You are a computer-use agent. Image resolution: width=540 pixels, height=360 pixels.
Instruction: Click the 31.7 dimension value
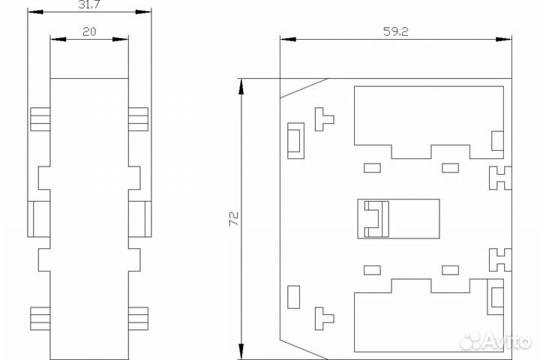88,4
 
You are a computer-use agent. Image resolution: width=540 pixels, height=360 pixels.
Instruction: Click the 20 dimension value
89,32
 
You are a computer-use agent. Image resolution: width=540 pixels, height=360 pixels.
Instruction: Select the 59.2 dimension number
396,31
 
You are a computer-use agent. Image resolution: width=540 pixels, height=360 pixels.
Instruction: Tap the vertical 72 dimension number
234,219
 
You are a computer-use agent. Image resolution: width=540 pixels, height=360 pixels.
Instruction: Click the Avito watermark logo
496,341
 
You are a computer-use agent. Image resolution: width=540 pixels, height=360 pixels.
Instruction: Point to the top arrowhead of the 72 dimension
241,86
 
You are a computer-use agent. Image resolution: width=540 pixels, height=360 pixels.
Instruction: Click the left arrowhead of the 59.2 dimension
288,39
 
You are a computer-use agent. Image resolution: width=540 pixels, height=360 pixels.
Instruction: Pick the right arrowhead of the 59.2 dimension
504,39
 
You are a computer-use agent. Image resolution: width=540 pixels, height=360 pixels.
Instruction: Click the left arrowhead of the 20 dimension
58,39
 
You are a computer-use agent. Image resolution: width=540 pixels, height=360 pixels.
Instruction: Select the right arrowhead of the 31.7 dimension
143,12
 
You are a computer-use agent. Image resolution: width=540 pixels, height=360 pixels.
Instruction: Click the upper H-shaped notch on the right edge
500,178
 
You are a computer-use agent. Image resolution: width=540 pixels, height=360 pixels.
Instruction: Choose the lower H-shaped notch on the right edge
500,259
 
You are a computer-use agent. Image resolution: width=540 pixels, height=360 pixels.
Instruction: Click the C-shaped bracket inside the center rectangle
377,219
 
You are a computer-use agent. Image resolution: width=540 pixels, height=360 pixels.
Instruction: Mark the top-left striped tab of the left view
40,119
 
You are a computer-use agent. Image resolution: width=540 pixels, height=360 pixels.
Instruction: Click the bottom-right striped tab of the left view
139,319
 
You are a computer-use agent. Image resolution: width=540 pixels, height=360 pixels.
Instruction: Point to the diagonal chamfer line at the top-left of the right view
304,88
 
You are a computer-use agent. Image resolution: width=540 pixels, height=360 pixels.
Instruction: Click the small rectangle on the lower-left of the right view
293,297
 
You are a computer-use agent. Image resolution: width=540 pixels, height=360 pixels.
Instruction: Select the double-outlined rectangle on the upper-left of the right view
295,140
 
